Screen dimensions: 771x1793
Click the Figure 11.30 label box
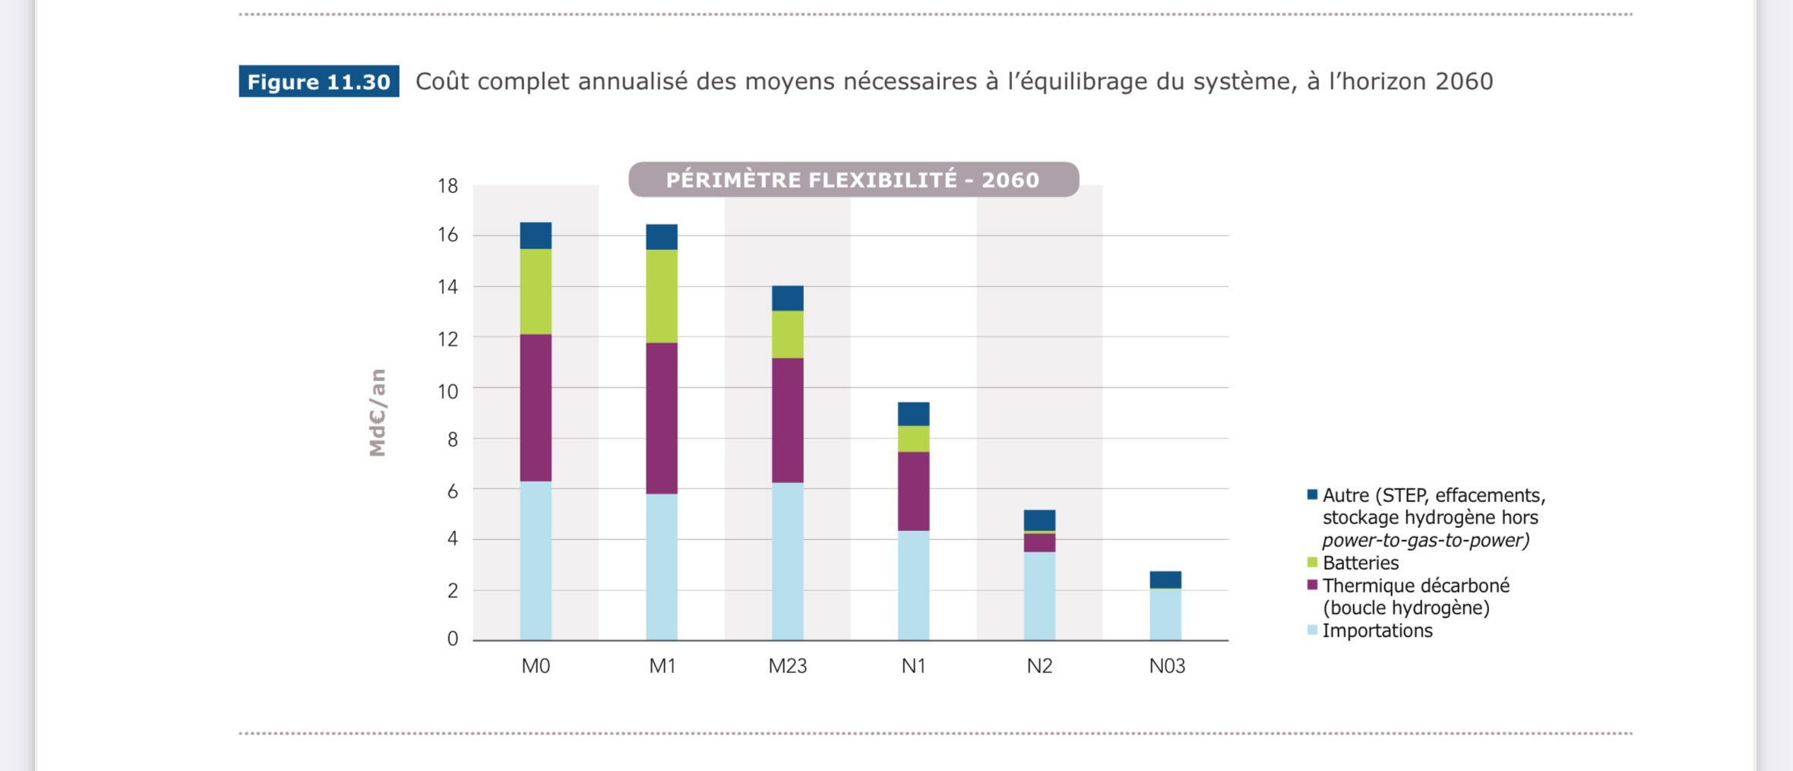318,81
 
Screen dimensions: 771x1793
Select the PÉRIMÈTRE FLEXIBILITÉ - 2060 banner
853,180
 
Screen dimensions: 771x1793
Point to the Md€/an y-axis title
378,412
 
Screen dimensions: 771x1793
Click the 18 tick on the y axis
447,186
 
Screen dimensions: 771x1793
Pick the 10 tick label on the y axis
447,392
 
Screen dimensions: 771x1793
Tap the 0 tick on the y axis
453,639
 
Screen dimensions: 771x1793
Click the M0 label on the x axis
536,666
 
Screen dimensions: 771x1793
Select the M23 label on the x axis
787,666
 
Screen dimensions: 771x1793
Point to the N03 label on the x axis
1166,666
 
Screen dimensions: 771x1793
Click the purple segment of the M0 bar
536,408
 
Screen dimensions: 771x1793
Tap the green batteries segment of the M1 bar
662,296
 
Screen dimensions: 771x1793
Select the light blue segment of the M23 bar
787,561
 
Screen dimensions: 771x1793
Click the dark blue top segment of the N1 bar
913,414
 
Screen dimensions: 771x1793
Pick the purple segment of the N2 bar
1039,542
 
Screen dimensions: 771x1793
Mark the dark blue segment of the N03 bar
1165,580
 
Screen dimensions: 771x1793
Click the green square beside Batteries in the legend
1312,563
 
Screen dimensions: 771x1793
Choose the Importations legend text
1377,630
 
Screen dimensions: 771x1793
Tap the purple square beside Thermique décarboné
1312,585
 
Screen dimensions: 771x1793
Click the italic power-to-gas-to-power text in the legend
1425,540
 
